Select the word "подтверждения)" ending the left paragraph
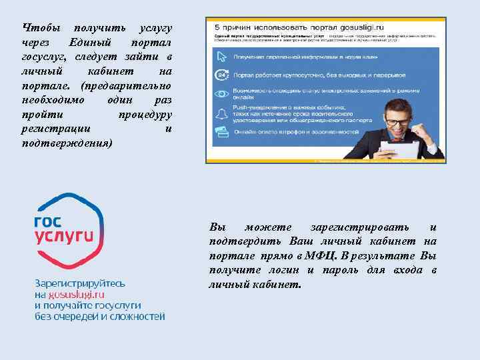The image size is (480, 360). pyautogui.click(x=67, y=143)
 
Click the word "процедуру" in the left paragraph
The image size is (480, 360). pyautogui.click(x=145, y=115)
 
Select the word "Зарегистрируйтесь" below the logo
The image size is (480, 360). pyautogui.click(x=79, y=283)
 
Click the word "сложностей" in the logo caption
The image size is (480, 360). pyautogui.click(x=137, y=316)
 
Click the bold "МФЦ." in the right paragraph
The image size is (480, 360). pyautogui.click(x=323, y=255)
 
